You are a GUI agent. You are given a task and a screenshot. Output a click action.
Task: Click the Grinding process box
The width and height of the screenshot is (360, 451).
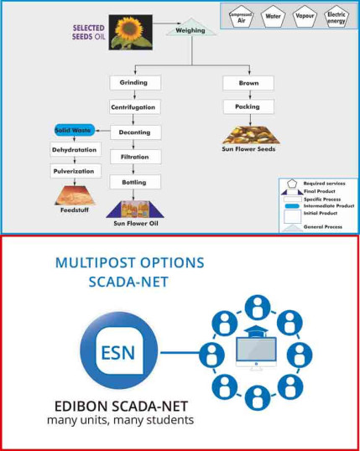(x=133, y=83)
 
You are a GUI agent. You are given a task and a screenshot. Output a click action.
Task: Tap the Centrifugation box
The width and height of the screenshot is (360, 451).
(x=133, y=107)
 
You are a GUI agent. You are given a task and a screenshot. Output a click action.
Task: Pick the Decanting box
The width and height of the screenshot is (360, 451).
(x=134, y=132)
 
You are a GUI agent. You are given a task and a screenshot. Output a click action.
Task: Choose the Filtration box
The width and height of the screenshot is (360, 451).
(x=134, y=157)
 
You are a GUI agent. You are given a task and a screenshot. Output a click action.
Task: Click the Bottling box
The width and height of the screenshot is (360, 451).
(x=134, y=181)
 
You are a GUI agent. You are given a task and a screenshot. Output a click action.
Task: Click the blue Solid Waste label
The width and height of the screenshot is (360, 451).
(x=74, y=131)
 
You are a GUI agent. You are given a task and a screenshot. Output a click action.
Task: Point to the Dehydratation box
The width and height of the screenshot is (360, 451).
(x=75, y=151)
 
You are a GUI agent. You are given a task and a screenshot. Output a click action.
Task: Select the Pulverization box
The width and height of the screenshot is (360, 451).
(x=75, y=170)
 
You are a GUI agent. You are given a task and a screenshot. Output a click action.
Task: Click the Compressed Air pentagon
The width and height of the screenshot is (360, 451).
(x=242, y=16)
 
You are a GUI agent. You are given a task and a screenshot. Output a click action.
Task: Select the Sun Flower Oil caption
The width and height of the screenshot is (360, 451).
(x=136, y=224)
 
